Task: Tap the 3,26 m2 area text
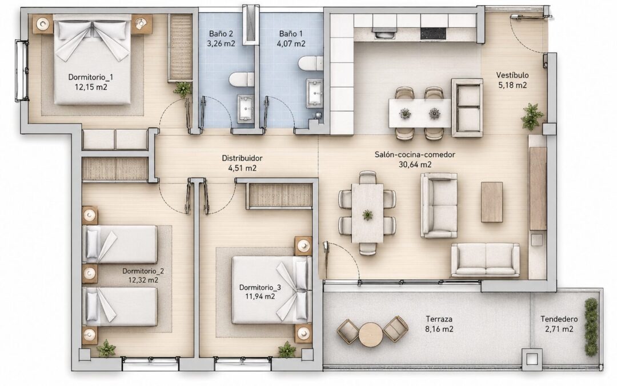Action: [221, 43]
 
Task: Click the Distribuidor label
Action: [242, 158]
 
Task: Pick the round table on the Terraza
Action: [370, 335]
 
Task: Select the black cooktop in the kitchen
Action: [433, 34]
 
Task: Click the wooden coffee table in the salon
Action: [492, 202]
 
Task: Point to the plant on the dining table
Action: [367, 214]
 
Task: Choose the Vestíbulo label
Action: [512, 75]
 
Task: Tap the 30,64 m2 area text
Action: [415, 165]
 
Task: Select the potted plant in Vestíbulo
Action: [532, 117]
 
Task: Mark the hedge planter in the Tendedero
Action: [591, 327]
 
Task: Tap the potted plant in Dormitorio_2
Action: [106, 349]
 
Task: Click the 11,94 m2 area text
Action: [260, 296]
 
